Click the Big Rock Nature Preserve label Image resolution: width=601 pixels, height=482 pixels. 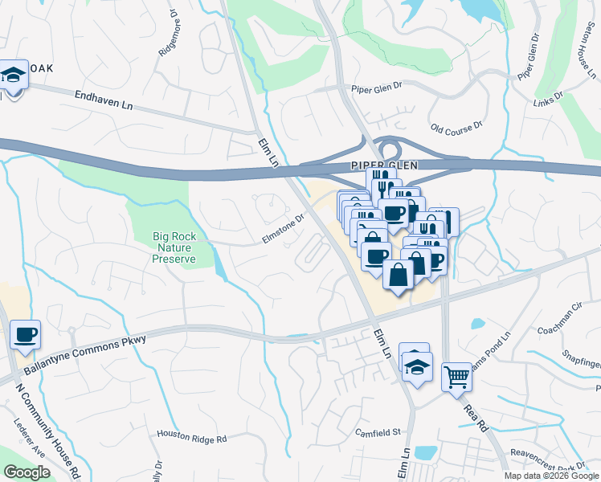pyautogui.click(x=174, y=247)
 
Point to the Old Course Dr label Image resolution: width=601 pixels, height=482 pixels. pyautogui.click(x=456, y=127)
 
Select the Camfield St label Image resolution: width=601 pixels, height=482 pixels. pyautogui.click(x=378, y=432)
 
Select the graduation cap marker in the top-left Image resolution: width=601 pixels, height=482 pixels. pyautogui.click(x=12, y=76)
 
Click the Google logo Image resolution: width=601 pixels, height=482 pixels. pyautogui.click(x=27, y=472)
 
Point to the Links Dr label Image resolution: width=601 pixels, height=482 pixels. pyautogui.click(x=548, y=95)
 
